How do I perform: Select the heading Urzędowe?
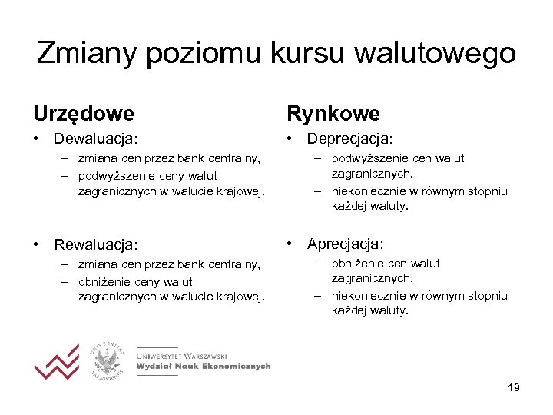(x=83, y=115)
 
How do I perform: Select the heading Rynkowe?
(x=333, y=115)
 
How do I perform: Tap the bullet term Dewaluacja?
(x=95, y=139)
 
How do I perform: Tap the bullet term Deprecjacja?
(x=349, y=139)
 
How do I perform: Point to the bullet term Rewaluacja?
(x=95, y=244)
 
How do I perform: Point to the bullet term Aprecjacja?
(x=345, y=244)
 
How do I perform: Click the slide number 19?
(x=513, y=387)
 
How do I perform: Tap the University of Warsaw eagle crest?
(x=108, y=360)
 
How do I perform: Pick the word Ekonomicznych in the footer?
(x=239, y=367)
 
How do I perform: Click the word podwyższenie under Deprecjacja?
(x=364, y=158)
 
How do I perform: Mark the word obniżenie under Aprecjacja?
(x=357, y=264)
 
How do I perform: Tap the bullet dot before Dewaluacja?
(x=36, y=139)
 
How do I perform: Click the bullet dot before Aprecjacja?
(x=290, y=244)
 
